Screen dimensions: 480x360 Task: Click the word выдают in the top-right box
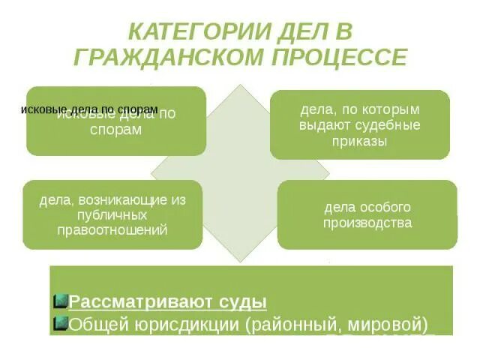tap(321, 125)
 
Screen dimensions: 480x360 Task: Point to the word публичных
tap(112, 214)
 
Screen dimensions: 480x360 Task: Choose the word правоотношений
tap(112, 229)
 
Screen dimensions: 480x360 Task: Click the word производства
tap(367, 223)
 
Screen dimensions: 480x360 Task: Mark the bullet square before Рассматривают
tap(61, 301)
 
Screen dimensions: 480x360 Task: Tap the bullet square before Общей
tap(61, 324)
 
